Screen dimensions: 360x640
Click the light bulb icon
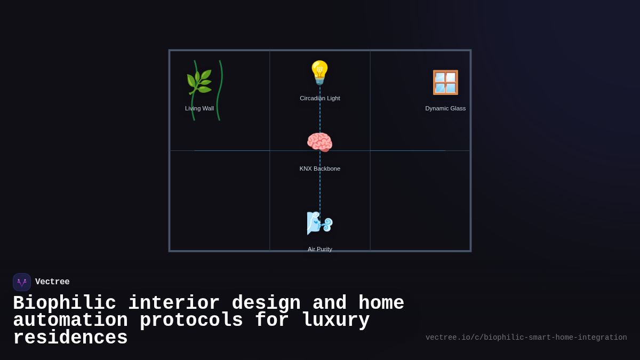point(319,73)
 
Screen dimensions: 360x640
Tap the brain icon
point(319,142)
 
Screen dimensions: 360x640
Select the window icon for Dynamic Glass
point(445,82)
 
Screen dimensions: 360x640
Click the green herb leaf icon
point(199,82)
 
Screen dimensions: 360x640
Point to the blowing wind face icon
point(319,223)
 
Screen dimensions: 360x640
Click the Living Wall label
point(199,108)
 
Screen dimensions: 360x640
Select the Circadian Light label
point(319,98)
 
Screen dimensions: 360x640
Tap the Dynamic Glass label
point(445,108)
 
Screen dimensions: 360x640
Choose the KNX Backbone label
point(319,169)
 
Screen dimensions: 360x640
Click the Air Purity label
point(319,249)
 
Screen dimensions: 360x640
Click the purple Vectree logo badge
point(22,282)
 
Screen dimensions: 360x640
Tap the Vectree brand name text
point(52,282)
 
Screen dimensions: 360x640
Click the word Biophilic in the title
point(64,303)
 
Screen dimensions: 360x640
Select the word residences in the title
point(70,338)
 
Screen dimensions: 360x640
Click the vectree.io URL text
point(526,338)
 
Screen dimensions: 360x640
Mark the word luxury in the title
point(335,321)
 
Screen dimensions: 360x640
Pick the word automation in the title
point(70,321)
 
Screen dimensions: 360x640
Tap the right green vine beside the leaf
point(220,91)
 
